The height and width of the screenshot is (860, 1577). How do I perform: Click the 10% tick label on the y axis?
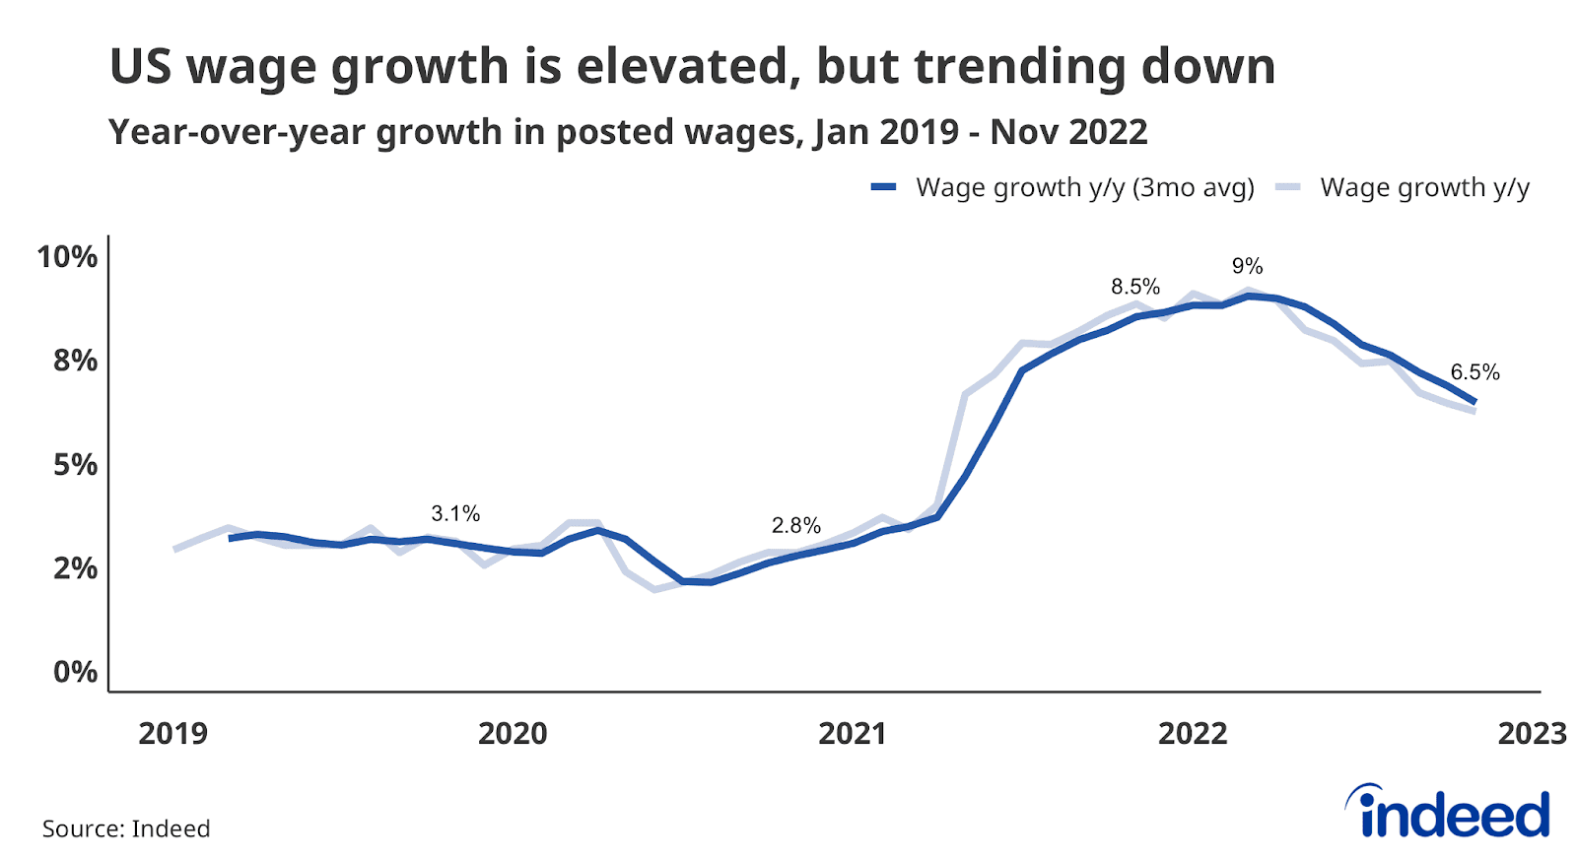tap(67, 257)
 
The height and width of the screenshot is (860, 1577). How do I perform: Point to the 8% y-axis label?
tap(75, 361)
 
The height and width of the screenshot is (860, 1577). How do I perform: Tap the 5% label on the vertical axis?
tap(75, 465)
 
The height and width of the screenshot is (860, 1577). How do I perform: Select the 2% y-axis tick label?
tap(75, 568)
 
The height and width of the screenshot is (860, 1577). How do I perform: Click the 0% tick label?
tap(75, 672)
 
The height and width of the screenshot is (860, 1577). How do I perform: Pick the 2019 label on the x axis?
tap(172, 733)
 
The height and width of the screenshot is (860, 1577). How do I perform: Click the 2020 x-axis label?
tap(513, 733)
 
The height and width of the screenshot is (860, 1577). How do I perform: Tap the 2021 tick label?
tap(853, 733)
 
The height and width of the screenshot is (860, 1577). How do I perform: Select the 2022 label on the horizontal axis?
tap(1193, 733)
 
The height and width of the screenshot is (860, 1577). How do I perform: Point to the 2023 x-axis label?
tap(1532, 733)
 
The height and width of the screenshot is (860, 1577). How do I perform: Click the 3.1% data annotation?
tap(455, 513)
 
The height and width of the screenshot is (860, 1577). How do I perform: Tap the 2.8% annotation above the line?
tap(795, 525)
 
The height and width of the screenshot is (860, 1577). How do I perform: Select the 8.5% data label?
tap(1135, 287)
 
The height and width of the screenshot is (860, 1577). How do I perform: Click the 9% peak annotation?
tap(1247, 266)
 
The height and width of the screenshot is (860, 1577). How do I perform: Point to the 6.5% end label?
tap(1474, 372)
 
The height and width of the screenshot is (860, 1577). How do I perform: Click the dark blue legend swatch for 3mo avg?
tap(883, 187)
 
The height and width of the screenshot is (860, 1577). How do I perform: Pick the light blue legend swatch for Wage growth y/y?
tap(1287, 187)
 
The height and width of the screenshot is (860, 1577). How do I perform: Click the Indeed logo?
tap(1449, 812)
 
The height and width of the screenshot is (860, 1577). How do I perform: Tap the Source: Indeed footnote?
tap(126, 828)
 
